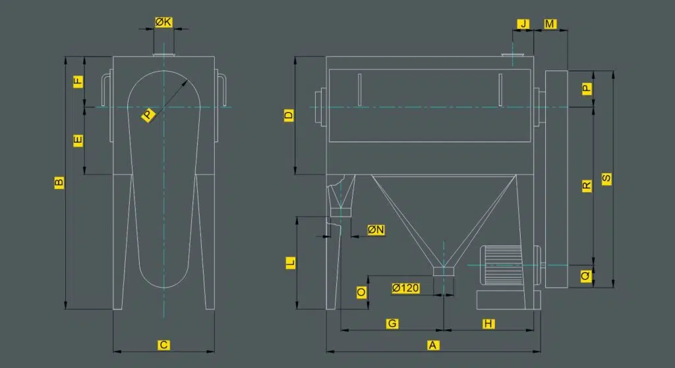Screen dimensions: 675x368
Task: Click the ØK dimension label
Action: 163,22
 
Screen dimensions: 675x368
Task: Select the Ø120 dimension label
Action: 405,288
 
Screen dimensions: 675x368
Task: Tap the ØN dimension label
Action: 376,230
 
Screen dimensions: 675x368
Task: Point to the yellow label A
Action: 433,345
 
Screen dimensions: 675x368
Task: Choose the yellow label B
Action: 59,182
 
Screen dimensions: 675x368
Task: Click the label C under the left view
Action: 163,345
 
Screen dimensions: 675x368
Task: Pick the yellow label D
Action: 289,115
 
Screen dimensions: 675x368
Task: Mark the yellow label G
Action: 392,324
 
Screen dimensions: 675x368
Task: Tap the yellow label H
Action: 488,324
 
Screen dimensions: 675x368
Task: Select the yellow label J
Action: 523,24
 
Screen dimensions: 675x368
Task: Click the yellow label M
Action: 550,24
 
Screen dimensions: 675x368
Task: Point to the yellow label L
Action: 291,262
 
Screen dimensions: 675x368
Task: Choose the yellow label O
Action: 362,292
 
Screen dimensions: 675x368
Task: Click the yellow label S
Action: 606,179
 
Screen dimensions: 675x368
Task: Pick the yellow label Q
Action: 586,276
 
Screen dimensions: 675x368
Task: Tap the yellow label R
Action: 587,186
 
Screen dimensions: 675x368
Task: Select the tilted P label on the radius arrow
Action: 148,115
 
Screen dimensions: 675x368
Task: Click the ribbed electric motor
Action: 502,265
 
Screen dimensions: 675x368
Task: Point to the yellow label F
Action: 78,81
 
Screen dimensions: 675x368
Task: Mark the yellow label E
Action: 78,140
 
